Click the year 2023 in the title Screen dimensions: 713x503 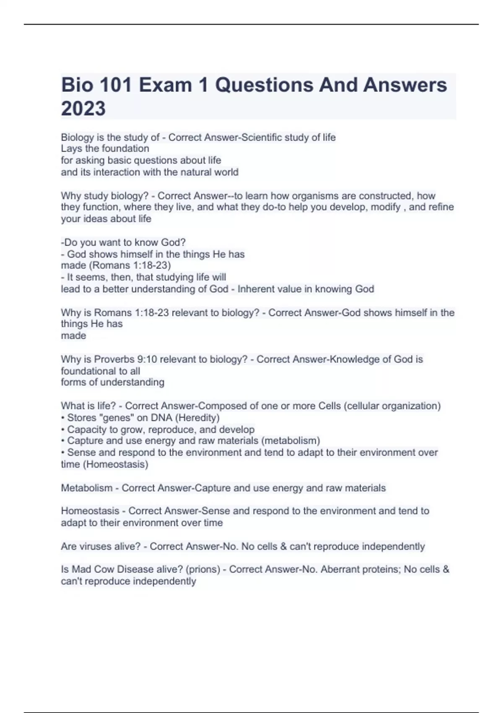[x=83, y=108]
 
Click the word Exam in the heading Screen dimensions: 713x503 [x=166, y=85]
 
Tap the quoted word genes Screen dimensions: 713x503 [x=114, y=418]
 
